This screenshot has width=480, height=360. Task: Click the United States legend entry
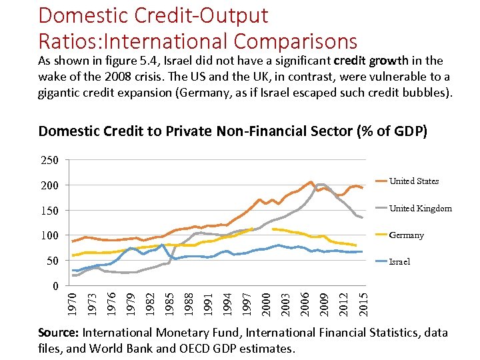[x=414, y=181]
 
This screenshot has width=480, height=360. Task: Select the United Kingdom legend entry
[x=420, y=208]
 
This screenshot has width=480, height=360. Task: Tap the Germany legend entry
[x=406, y=235]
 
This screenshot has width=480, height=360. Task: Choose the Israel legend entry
[x=400, y=261]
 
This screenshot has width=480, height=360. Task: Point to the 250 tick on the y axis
[x=50, y=161]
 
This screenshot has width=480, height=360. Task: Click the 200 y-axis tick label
[x=50, y=185]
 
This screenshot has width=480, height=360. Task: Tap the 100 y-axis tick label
[x=50, y=236]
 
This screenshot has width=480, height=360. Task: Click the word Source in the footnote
[x=57, y=333]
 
